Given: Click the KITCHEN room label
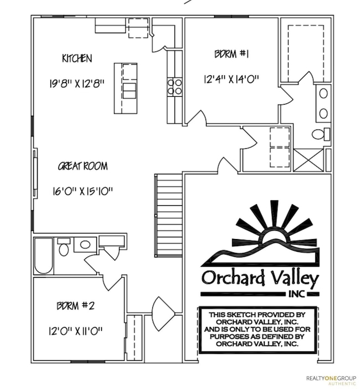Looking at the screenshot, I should [x=77, y=58].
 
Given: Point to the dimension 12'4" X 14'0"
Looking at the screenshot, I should [x=231, y=79].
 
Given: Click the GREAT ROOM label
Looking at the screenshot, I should [x=83, y=166].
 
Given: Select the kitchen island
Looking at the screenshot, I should [x=126, y=89].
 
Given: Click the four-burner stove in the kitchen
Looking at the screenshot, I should [x=174, y=87].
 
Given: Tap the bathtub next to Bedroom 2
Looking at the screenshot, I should [x=43, y=256].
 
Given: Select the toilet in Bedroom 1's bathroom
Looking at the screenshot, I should [x=320, y=134].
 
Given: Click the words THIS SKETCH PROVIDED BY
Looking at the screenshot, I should [x=259, y=315].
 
